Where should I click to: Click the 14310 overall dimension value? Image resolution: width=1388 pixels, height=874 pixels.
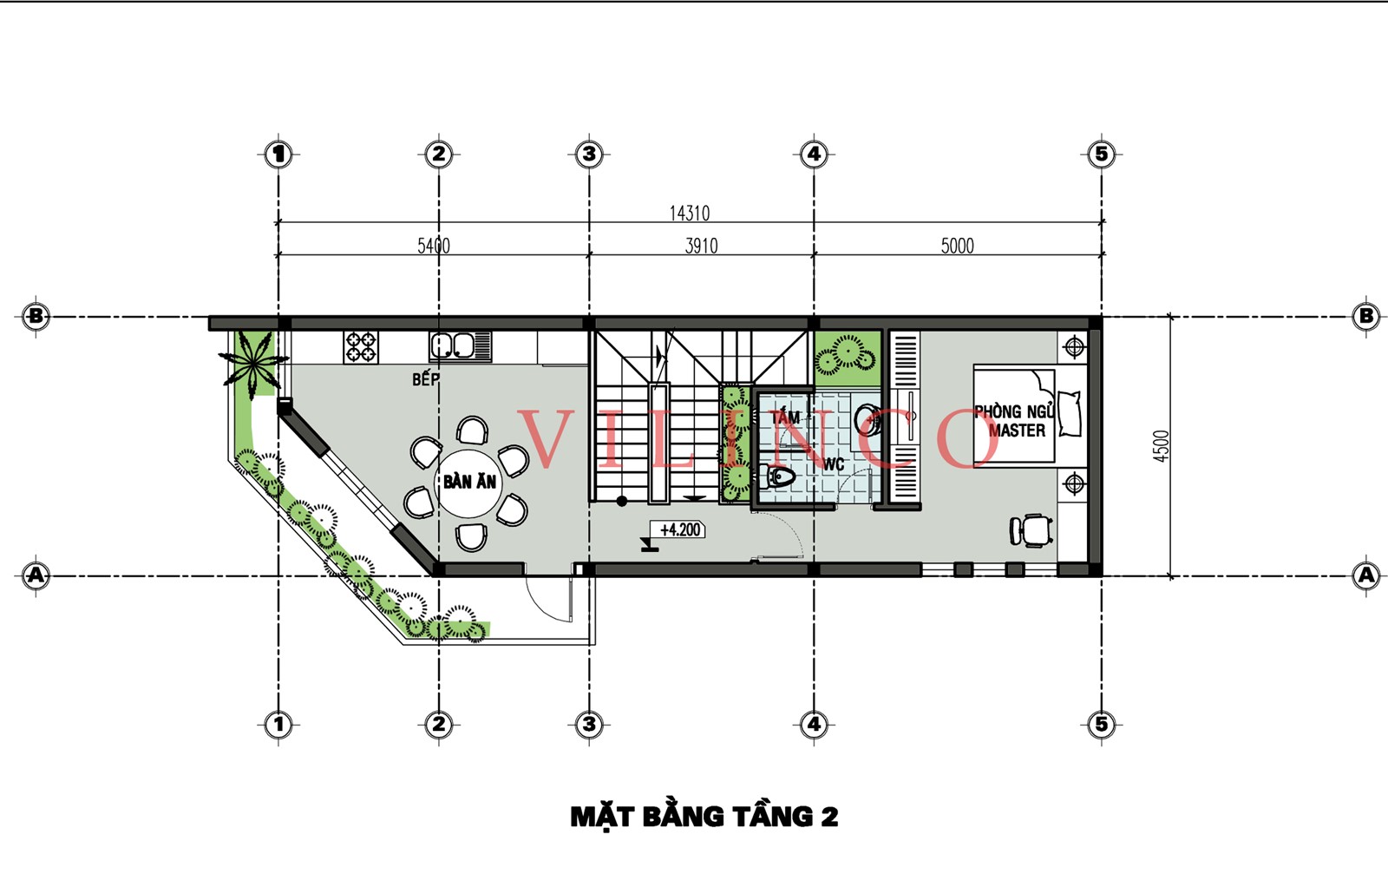tap(690, 214)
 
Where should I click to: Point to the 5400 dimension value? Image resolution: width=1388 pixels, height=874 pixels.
tap(434, 246)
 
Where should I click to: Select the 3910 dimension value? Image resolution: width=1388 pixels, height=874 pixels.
tap(702, 246)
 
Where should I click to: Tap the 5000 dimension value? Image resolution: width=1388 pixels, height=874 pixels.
tap(958, 246)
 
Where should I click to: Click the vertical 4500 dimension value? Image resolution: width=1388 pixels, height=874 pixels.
tap(1162, 445)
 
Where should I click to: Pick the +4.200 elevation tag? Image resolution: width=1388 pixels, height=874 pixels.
tap(680, 530)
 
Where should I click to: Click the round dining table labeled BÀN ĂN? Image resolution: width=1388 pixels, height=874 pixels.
tap(469, 483)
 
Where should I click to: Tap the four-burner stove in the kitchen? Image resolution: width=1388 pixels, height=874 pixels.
tap(361, 347)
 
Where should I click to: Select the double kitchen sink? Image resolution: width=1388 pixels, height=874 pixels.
tap(460, 346)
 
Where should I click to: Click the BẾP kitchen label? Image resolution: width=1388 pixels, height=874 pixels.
tap(426, 378)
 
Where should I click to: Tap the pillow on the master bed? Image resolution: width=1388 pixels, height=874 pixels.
tap(1070, 413)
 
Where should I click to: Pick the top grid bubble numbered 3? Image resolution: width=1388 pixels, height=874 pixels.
tap(589, 154)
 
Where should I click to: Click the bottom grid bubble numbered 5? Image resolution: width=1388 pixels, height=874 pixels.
tap(1101, 724)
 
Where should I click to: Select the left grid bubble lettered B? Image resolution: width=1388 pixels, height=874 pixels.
tap(36, 317)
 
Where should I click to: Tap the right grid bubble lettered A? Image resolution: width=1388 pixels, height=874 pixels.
tap(1365, 575)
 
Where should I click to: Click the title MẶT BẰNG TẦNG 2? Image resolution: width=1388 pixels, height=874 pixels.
tap(704, 817)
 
